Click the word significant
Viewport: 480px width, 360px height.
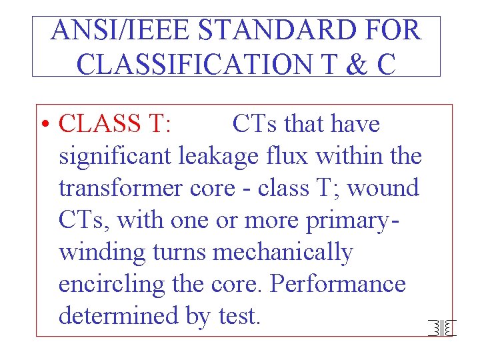coord(116,157)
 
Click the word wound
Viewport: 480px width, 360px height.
coord(384,189)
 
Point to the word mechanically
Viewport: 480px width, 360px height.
coord(282,253)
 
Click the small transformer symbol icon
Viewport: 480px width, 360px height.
coord(441,327)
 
